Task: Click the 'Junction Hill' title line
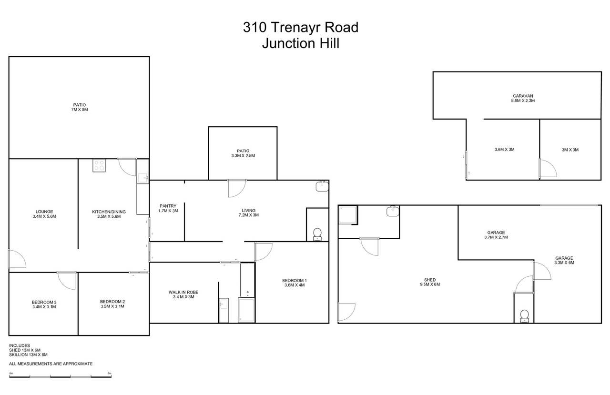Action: pyautogui.click(x=300, y=43)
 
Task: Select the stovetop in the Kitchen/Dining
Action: pyautogui.click(x=100, y=165)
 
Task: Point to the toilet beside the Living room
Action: pyautogui.click(x=317, y=233)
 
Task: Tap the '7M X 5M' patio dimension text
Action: pyautogui.click(x=80, y=110)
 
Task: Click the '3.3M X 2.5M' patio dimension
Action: pyautogui.click(x=243, y=156)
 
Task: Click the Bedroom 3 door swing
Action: pyautogui.click(x=67, y=280)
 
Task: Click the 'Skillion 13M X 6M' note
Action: pyautogui.click(x=28, y=354)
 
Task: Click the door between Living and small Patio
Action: pyautogui.click(x=236, y=189)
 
